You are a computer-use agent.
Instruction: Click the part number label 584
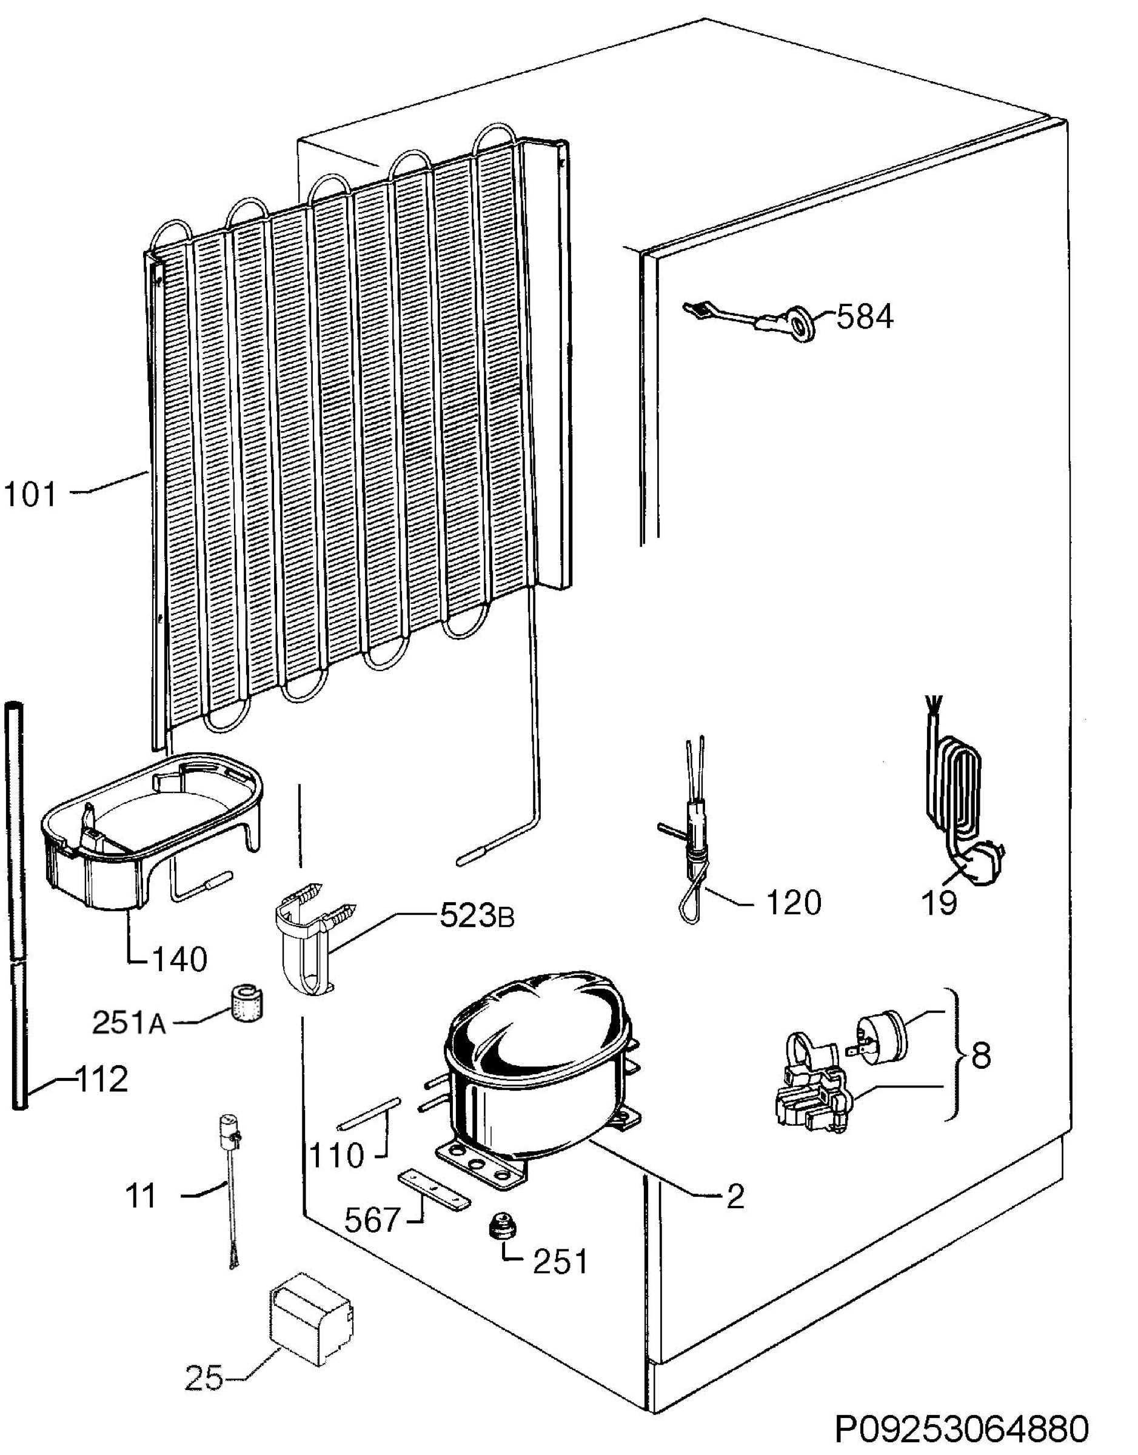864,318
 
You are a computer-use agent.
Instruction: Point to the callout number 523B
477,917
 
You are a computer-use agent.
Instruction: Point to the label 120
793,903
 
